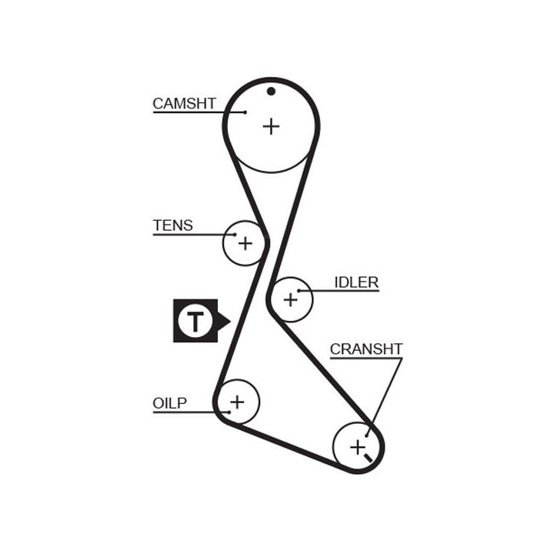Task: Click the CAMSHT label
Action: tap(184, 103)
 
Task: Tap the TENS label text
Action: tap(172, 225)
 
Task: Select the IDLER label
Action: tap(356, 282)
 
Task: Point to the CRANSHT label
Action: tap(366, 349)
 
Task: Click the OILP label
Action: tap(169, 403)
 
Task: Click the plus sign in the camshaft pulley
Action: tap(271, 125)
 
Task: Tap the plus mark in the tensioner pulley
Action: tap(245, 244)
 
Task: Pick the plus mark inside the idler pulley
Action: tap(290, 299)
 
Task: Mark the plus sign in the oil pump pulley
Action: tap(237, 401)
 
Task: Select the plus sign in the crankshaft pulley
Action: tap(357, 446)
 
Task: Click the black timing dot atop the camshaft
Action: tap(271, 92)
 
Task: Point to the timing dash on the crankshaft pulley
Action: tap(370, 459)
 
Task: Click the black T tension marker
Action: tap(196, 320)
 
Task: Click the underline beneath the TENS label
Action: tap(185, 234)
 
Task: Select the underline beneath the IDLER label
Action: tap(350, 292)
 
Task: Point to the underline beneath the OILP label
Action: tap(183, 412)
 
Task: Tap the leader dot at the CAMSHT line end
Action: tap(245, 113)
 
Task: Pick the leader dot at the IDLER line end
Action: tap(309, 292)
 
